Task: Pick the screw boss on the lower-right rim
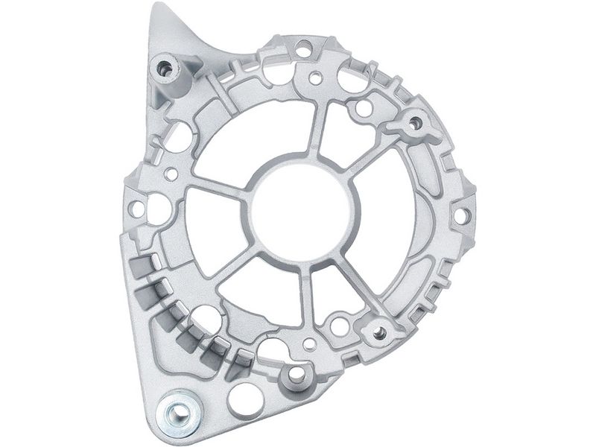(378, 331)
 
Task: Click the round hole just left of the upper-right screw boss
(364, 108)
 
